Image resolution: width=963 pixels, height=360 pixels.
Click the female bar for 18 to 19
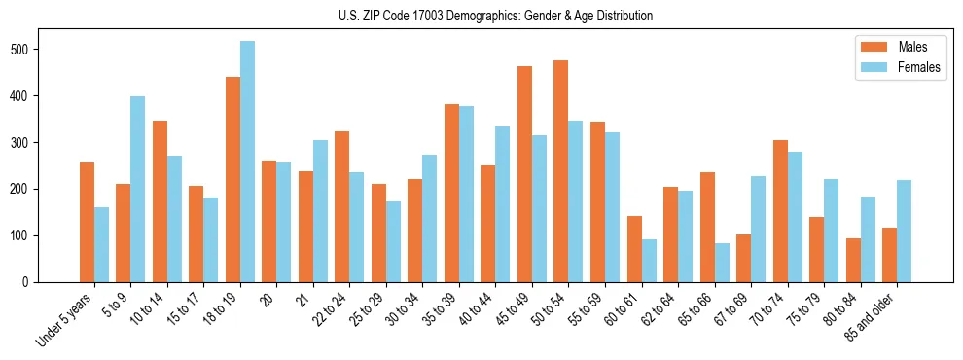247,162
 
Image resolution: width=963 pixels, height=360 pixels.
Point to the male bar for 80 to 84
853,260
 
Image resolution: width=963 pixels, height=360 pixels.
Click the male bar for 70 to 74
780,211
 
